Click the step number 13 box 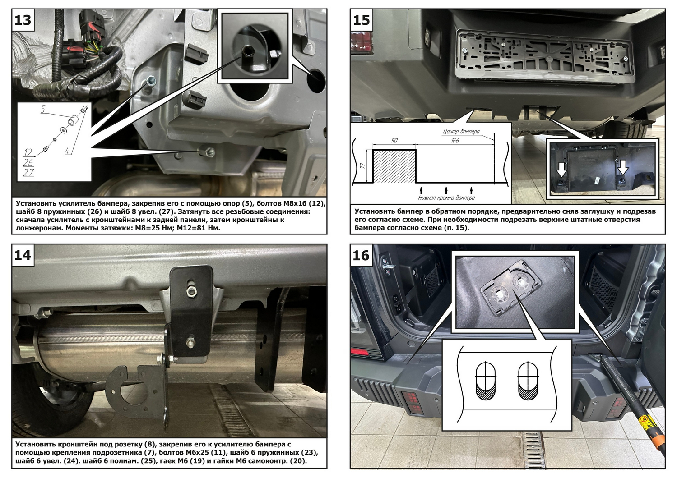pos(23,20)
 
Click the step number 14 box pos(23,255)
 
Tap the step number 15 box pos(361,20)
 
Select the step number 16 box pos(361,255)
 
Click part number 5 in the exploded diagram pos(43,109)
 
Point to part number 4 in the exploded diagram pos(67,152)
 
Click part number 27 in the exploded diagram pos(28,173)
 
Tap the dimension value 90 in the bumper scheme pos(394,141)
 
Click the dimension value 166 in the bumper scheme pos(454,141)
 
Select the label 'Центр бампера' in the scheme pos(461,132)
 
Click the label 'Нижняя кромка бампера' pos(446,198)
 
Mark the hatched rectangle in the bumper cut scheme pos(394,166)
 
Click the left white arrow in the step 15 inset pos(561,170)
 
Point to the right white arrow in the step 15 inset pos(623,167)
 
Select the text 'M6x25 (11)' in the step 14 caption pos(207,452)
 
